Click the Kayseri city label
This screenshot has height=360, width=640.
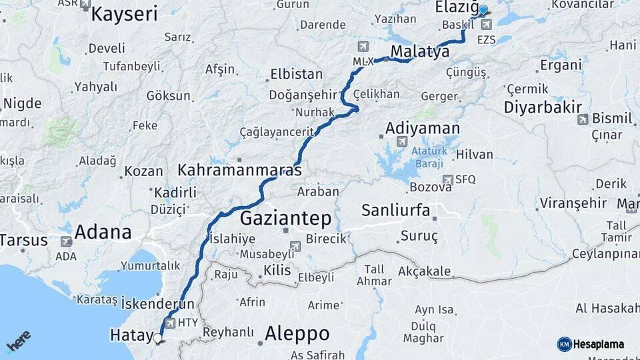coord(124,14)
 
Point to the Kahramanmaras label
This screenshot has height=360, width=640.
coord(239,171)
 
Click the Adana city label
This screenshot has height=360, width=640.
coord(103,232)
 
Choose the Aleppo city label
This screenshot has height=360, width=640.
coord(297,333)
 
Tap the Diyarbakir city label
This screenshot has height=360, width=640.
coord(543,107)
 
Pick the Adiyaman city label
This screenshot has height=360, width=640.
coord(423,128)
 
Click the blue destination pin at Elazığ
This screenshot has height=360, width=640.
coord(483,11)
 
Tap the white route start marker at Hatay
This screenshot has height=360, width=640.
coord(158,338)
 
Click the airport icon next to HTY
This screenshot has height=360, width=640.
coord(170,323)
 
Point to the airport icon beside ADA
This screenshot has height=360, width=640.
coord(66,241)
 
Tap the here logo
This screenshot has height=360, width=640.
coord(19,341)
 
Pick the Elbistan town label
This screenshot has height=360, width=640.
coord(296,75)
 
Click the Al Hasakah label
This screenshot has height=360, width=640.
coord(607,308)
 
